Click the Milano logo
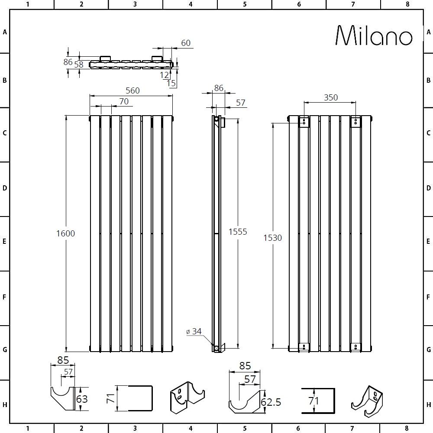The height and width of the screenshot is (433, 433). (x=374, y=36)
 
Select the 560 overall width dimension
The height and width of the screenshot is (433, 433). (x=132, y=90)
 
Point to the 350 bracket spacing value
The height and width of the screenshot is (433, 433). (x=330, y=98)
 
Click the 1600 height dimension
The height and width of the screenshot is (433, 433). (x=65, y=233)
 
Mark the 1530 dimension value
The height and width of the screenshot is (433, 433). (x=273, y=238)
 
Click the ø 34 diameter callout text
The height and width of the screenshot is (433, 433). (x=194, y=332)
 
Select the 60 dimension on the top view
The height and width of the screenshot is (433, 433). (x=185, y=43)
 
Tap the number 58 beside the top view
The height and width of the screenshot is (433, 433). (x=78, y=65)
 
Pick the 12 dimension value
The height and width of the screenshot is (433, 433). (x=164, y=75)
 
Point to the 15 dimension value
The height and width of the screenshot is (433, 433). (x=171, y=83)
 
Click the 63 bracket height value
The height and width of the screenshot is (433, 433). (x=82, y=399)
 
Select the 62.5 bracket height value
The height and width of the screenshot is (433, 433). (x=271, y=402)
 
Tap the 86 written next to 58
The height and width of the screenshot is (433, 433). (x=68, y=62)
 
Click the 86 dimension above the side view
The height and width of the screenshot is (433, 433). (x=219, y=88)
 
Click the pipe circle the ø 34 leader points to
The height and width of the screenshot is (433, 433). (x=216, y=347)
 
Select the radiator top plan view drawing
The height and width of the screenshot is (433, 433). (x=131, y=64)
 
